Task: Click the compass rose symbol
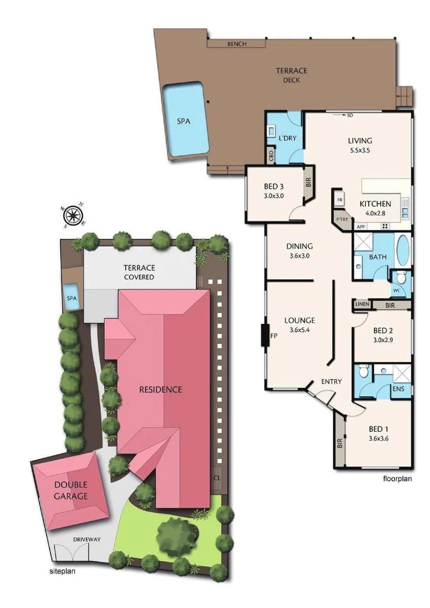point(74,215)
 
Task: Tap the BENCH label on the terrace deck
point(237,44)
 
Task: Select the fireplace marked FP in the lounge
point(265,335)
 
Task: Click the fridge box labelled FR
point(339,200)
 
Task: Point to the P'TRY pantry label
point(342,219)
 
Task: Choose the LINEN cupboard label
point(362,304)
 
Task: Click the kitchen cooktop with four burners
point(385,226)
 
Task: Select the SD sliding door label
point(350,115)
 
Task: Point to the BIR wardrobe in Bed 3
point(308,181)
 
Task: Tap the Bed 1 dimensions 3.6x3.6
point(378,438)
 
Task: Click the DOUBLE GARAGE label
point(70,491)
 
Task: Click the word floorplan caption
point(397,479)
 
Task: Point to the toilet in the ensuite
point(364,369)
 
